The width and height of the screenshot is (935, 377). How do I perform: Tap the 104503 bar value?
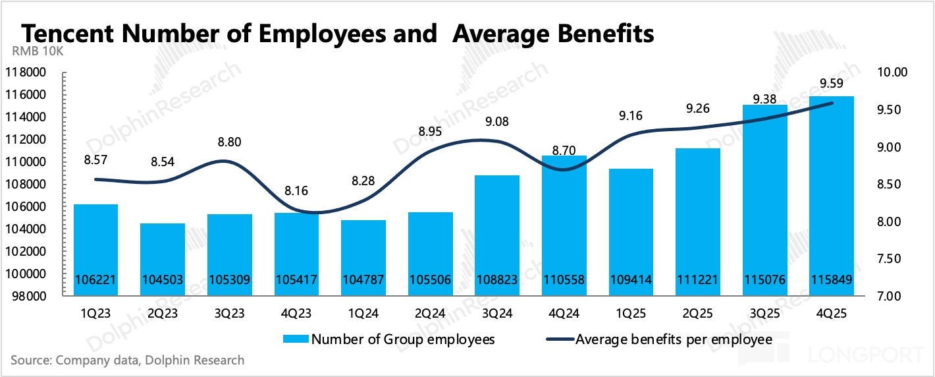pyautogui.click(x=163, y=280)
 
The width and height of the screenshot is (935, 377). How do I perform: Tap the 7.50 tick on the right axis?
pyautogui.click(x=893, y=258)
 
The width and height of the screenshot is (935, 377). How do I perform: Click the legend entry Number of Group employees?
pyautogui.click(x=402, y=340)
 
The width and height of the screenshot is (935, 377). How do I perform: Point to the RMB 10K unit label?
pyautogui.click(x=38, y=53)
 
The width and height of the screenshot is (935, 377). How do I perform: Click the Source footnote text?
pyautogui.click(x=128, y=361)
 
